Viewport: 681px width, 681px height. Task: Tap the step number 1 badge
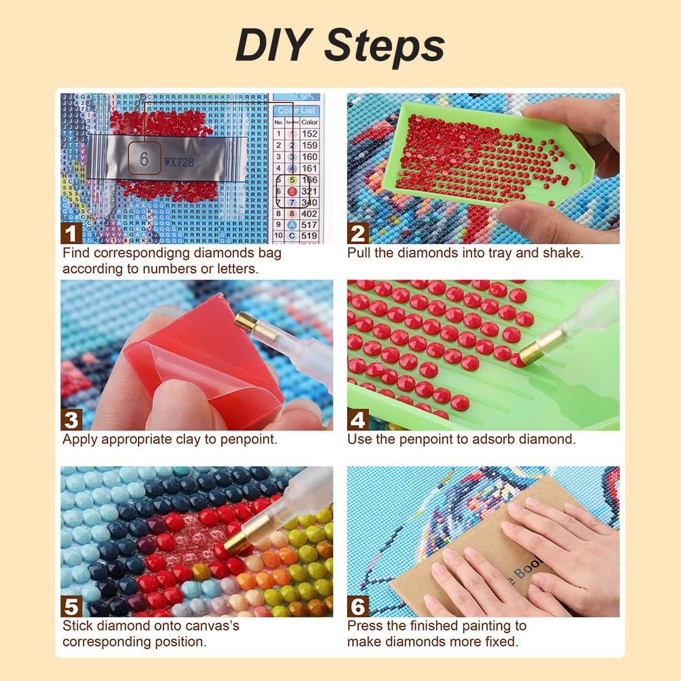[71, 233]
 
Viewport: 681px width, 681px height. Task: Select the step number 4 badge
[358, 419]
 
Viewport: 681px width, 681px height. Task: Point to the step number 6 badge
[358, 605]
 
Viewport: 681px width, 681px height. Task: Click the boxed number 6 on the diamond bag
[145, 158]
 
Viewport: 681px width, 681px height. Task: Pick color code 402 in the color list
[310, 214]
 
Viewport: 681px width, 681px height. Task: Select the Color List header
[297, 111]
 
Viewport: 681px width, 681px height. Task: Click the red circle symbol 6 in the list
[291, 191]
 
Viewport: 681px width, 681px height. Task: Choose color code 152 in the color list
[310, 134]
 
